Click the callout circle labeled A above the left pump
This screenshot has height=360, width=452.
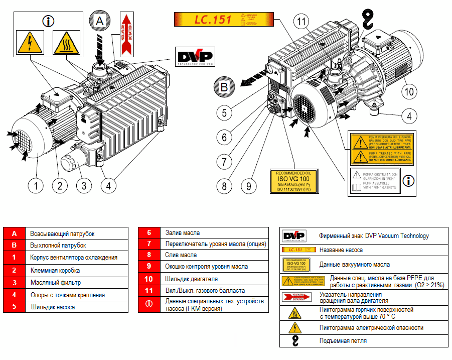(99, 21)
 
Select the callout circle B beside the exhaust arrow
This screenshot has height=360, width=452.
(224, 86)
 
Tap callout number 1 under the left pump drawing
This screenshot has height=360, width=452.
(36, 185)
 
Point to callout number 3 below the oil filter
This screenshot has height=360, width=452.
(84, 185)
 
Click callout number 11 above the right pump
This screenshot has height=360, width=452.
(301, 22)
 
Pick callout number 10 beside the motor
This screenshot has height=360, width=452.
(409, 91)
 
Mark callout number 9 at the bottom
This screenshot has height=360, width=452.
(248, 186)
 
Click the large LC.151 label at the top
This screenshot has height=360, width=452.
(224, 20)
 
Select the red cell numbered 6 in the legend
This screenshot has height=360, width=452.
(149, 233)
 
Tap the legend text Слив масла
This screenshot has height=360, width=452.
(181, 255)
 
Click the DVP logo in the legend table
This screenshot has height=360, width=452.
(293, 236)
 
